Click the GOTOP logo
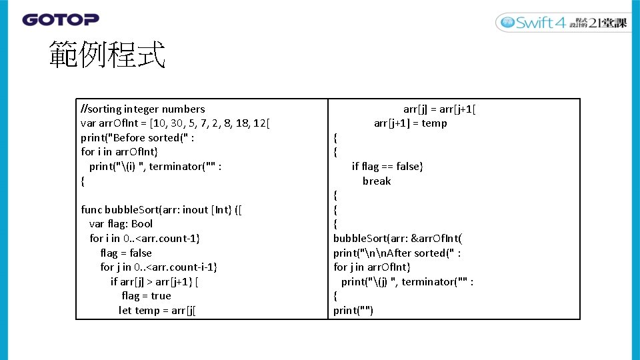tap(61, 20)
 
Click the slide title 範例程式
tap(107, 55)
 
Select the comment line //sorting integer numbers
tap(143, 109)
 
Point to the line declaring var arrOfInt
tap(175, 123)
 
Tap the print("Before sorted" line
tap(137, 138)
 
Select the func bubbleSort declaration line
tap(161, 210)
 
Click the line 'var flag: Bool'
tap(121, 224)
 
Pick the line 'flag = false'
tap(125, 253)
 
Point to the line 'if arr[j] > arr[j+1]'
tap(155, 282)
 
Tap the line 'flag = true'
tap(146, 296)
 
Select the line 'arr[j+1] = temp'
tap(410, 123)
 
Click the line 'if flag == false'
tap(387, 167)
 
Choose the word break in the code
tap(377, 181)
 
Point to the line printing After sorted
tap(397, 253)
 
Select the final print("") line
tap(353, 311)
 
